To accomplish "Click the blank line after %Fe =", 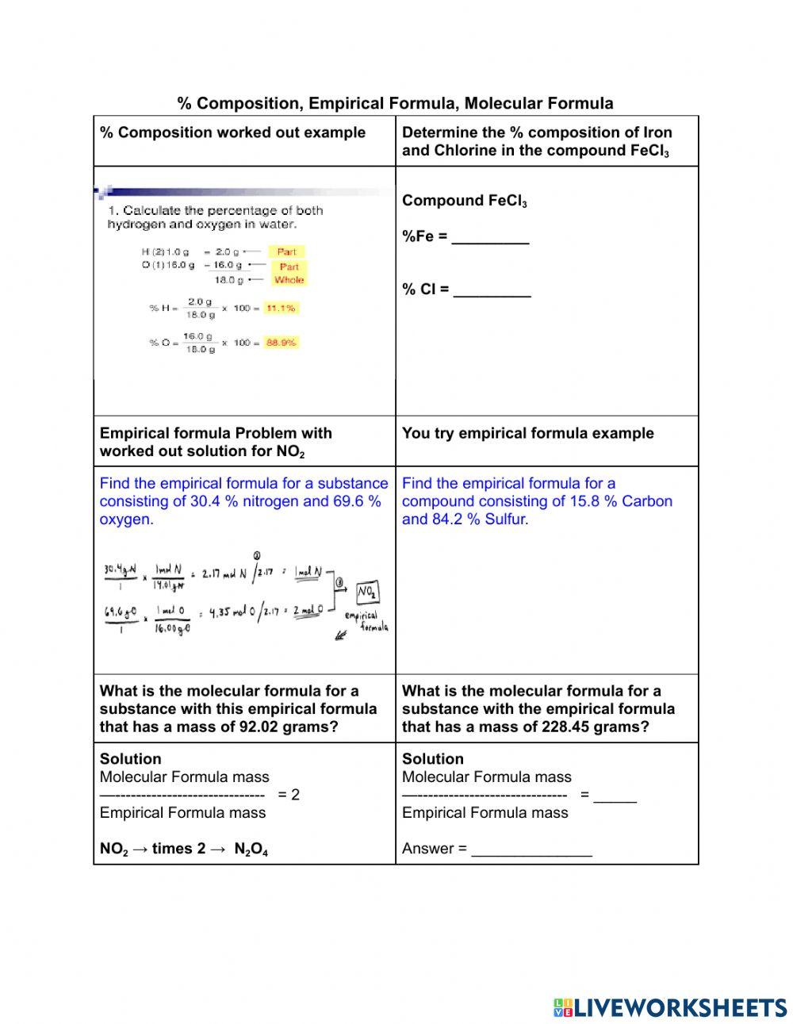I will pyautogui.click(x=490, y=238).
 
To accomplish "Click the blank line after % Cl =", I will pyautogui.click(x=492, y=290).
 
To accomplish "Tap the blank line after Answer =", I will pyautogui.click(x=531, y=850).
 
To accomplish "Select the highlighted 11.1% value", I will pyautogui.click(x=281, y=308).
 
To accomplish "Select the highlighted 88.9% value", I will pyautogui.click(x=281, y=343).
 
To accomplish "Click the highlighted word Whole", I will pyautogui.click(x=289, y=280).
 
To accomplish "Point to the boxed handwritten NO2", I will pyautogui.click(x=366, y=592).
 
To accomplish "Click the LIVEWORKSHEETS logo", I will pyautogui.click(x=670, y=1007).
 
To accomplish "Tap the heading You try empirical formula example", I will pyautogui.click(x=527, y=433).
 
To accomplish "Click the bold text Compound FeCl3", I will pyautogui.click(x=464, y=201).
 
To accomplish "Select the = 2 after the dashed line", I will pyautogui.click(x=289, y=795).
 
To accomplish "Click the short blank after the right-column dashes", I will pyautogui.click(x=615, y=796).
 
